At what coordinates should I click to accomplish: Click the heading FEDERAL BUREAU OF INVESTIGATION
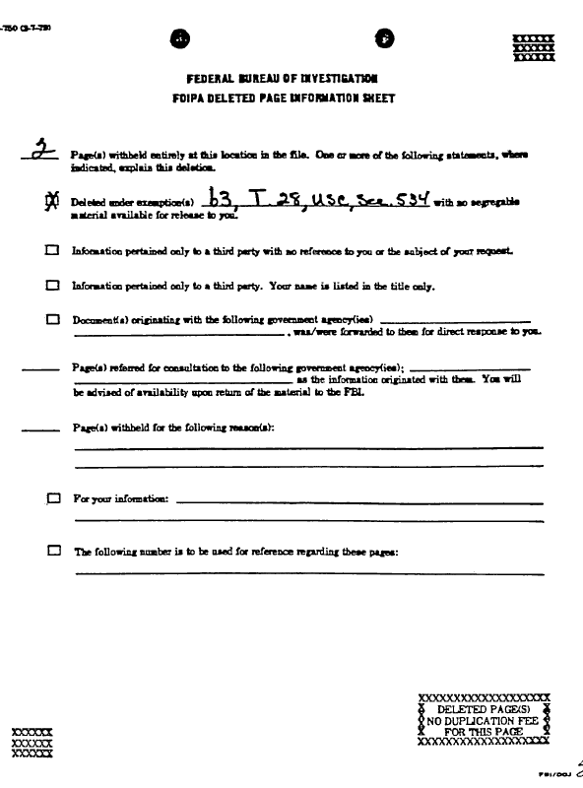(283, 78)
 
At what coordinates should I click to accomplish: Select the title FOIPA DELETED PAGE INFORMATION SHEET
(284, 98)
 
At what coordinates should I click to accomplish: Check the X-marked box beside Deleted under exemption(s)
(51, 202)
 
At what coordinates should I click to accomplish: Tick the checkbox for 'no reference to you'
(51, 251)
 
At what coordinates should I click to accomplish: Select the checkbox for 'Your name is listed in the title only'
(51, 286)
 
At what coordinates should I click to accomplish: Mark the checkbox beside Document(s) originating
(51, 320)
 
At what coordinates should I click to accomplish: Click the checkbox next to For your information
(52, 499)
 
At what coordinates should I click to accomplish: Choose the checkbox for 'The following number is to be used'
(52, 551)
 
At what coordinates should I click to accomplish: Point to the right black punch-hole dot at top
(384, 38)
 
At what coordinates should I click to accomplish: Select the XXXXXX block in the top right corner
(534, 47)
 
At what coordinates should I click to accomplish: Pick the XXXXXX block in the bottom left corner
(31, 741)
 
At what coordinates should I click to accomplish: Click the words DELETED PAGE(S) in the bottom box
(483, 708)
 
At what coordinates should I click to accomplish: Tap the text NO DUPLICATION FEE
(483, 720)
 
